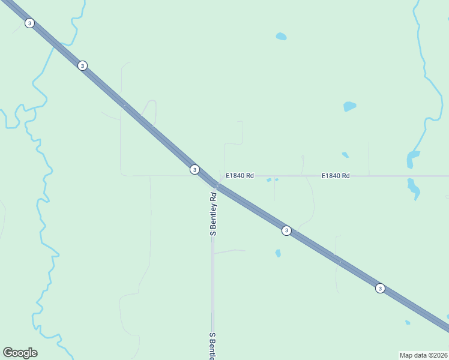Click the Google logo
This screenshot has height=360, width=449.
coord(20,353)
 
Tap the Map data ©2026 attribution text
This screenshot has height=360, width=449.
coord(423,355)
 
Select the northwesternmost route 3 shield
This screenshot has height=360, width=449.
coord(29,23)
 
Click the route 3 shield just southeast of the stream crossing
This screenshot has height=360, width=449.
coord(82,65)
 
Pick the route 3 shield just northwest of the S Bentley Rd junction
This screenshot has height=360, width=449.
coord(194,170)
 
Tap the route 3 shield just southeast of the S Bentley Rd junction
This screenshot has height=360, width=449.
coord(287,230)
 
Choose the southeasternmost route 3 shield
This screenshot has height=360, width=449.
coord(380,289)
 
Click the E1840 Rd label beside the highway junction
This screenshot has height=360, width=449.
coord(240,176)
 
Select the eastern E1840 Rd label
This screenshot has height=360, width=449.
coord(336,176)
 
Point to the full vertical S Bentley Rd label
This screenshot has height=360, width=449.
coord(212,214)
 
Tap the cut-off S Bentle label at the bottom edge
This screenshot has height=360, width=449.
coord(212,346)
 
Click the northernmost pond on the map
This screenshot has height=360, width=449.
coord(281,37)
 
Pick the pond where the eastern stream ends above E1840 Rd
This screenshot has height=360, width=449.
coord(413,159)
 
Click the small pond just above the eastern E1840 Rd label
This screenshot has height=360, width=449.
coord(345,155)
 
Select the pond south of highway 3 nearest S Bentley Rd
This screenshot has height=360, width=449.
coord(278,253)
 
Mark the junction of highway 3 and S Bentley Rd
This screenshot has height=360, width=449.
coord(215,186)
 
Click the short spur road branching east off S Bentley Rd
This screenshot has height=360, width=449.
coord(229,251)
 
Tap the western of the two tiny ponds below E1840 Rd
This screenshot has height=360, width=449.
coord(269,180)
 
